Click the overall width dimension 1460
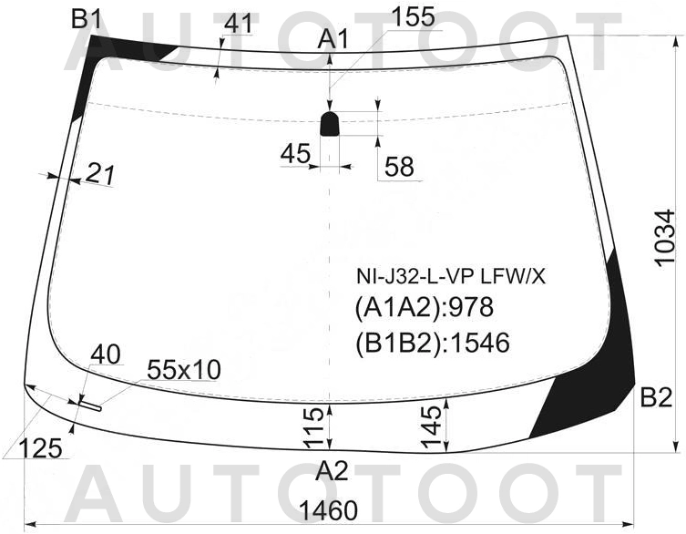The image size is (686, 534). [x=328, y=511]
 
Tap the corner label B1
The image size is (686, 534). [x=87, y=20]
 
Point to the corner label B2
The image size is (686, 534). [x=656, y=398]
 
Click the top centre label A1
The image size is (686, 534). [x=333, y=40]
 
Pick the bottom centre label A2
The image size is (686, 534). [x=333, y=471]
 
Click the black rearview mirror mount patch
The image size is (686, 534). [x=330, y=123]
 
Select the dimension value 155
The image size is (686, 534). [x=413, y=17]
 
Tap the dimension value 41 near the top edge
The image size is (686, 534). [x=239, y=24]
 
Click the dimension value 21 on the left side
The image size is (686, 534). [x=100, y=174]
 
